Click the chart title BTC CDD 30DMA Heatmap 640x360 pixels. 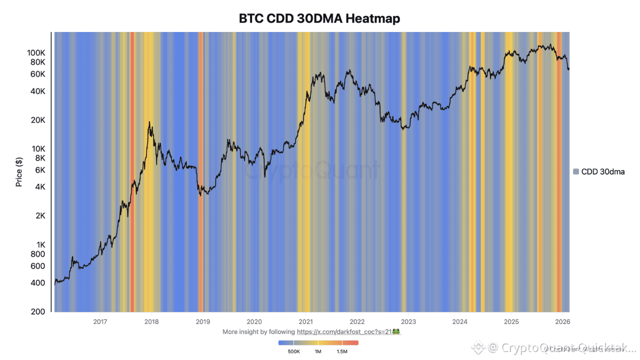click(x=319, y=19)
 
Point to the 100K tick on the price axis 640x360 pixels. click(x=36, y=53)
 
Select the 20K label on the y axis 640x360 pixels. click(x=38, y=120)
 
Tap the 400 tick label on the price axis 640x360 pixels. click(x=38, y=283)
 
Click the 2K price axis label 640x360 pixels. click(x=40, y=216)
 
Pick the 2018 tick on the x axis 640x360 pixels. click(x=151, y=321)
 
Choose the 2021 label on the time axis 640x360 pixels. click(x=305, y=321)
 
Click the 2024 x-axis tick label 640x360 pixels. click(x=459, y=321)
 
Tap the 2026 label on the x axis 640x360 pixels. click(x=562, y=321)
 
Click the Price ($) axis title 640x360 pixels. click(x=19, y=172)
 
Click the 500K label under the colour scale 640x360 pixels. click(x=293, y=352)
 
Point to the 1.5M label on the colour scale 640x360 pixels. click(x=342, y=352)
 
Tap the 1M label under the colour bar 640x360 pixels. click(x=317, y=352)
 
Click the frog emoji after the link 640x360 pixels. click(x=396, y=331)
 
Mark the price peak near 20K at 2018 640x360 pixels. click(x=149, y=122)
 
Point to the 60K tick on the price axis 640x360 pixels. click(x=38, y=74)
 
